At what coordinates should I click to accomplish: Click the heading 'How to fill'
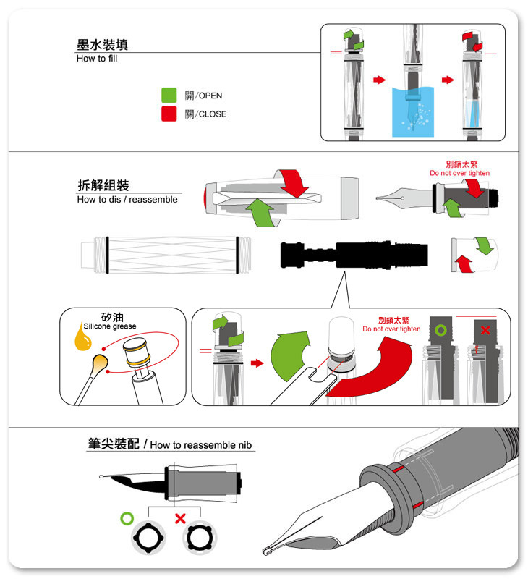click(97, 59)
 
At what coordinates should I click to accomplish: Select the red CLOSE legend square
click(169, 114)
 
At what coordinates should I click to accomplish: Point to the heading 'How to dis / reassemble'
click(127, 200)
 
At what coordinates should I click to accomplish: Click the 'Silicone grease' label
click(110, 326)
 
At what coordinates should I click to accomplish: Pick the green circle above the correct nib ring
click(128, 518)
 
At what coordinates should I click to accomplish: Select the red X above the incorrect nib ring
click(181, 518)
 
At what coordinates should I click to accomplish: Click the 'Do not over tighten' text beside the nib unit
click(459, 174)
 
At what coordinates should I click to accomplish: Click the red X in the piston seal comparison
click(485, 330)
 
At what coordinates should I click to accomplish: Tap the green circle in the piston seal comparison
click(440, 331)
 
